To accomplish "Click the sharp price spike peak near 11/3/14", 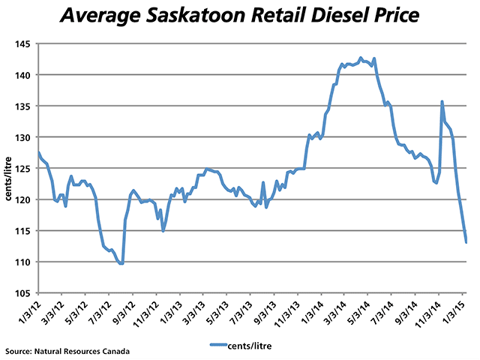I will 442,101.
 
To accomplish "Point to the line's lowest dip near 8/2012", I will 121,263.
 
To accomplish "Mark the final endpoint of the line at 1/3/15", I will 466,241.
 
